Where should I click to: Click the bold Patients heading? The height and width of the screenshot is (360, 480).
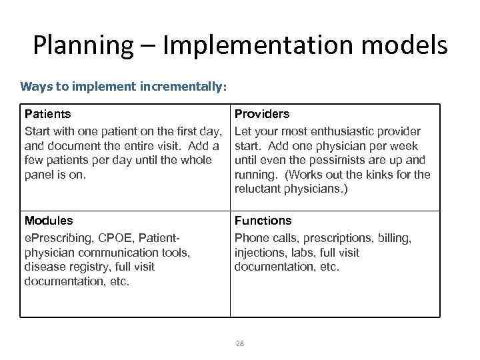[47, 114]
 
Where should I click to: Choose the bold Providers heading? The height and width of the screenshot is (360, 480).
[261, 114]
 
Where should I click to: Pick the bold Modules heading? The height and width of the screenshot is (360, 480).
[48, 220]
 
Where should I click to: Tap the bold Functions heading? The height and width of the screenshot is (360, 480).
[263, 220]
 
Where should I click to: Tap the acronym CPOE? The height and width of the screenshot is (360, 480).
[111, 237]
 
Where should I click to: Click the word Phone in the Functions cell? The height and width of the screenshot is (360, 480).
[250, 237]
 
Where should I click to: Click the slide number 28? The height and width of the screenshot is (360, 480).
[240, 343]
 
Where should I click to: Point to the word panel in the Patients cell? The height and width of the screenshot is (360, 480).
[38, 175]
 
